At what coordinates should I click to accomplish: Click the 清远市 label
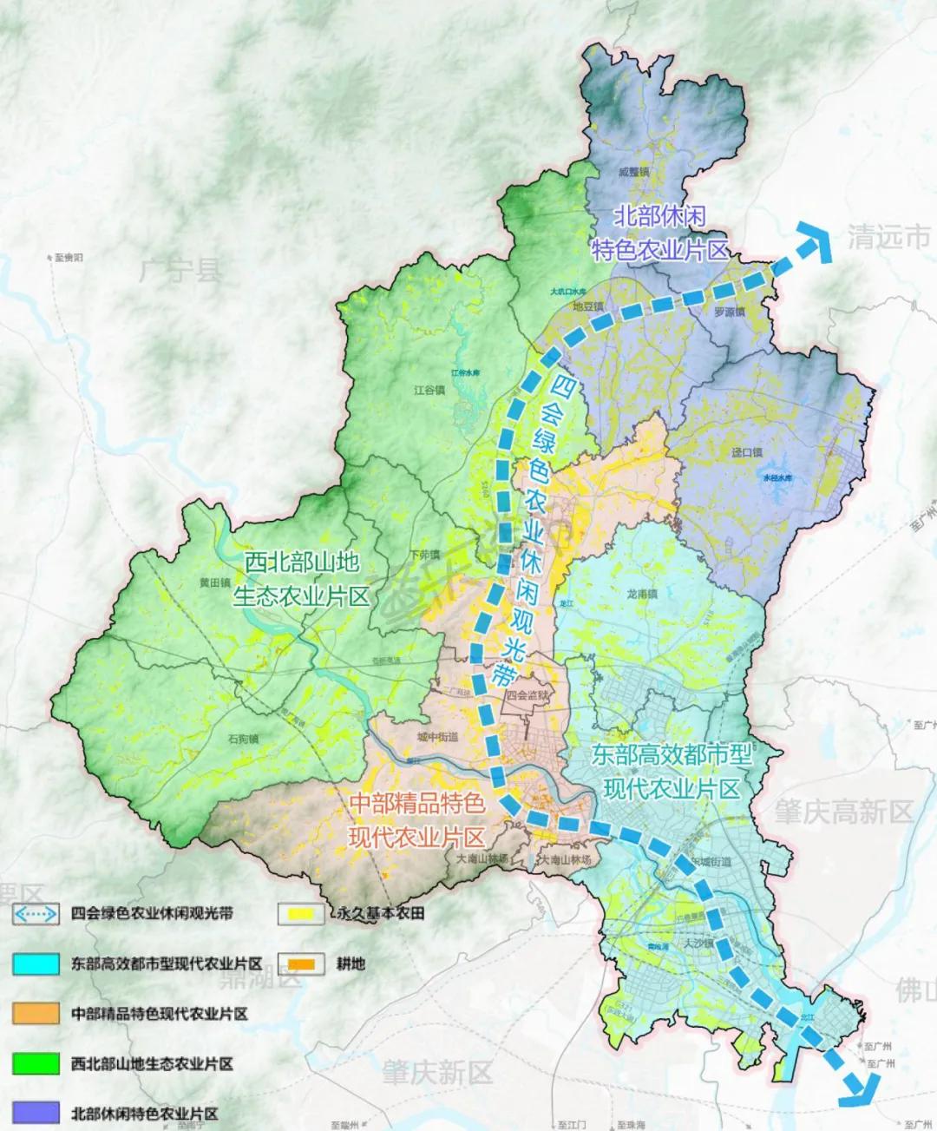(x=888, y=236)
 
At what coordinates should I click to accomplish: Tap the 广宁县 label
(x=180, y=270)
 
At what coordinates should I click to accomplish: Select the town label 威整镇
(x=633, y=172)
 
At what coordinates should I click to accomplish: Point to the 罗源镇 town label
(x=730, y=312)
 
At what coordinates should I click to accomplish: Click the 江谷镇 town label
(x=429, y=391)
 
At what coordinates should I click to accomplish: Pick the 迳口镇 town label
(x=746, y=452)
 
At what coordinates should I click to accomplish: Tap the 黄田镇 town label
(x=214, y=583)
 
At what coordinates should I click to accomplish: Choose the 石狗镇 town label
(x=243, y=739)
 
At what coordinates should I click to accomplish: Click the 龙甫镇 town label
(x=642, y=595)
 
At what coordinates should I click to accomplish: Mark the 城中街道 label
(x=437, y=737)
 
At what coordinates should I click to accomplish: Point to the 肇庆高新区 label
(x=843, y=812)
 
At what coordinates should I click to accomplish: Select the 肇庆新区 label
(x=436, y=1072)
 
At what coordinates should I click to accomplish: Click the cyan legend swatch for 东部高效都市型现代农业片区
(x=36, y=963)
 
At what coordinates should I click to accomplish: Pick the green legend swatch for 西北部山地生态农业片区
(x=36, y=1064)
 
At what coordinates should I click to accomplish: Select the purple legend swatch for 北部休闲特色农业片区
(x=36, y=1114)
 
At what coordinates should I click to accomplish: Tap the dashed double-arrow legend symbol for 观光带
(x=36, y=914)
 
